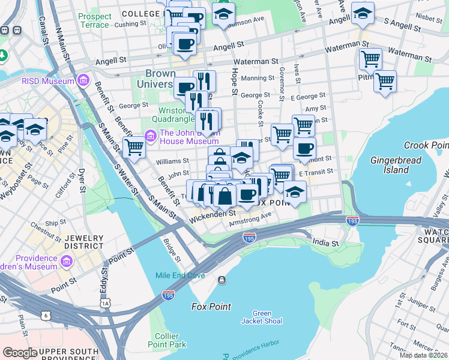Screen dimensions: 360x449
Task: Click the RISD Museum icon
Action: pos(82,81)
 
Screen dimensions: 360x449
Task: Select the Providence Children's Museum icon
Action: pos(67,262)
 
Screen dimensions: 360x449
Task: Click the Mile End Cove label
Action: pos(180,276)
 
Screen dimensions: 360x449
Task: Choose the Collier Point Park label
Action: pos(170,340)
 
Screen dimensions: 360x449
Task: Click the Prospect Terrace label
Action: pos(95,20)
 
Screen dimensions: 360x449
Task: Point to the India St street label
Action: pos(326,242)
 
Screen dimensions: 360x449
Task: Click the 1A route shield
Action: pos(106,304)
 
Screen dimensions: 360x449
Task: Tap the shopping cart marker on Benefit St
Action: pos(134,146)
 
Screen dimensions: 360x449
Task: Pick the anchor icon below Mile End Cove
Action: pos(222,280)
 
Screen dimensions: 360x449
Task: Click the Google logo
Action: pos(20,353)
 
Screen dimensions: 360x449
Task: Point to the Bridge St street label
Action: pos(171,251)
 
